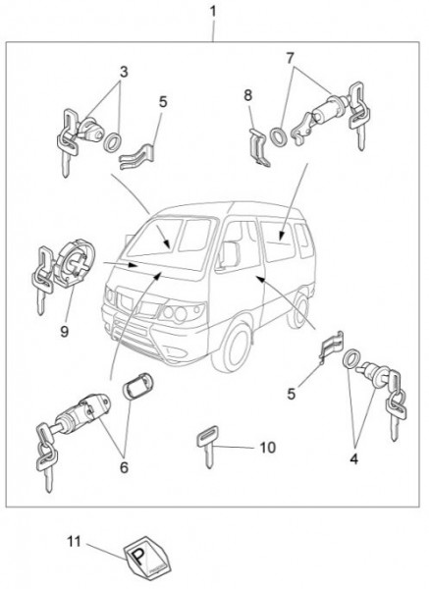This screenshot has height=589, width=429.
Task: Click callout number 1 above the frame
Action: point(213,11)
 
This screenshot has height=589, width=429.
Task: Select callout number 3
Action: point(124,72)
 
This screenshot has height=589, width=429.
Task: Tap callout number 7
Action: point(291,58)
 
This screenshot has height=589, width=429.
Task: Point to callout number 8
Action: point(248,95)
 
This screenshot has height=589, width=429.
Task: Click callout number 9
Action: point(65,332)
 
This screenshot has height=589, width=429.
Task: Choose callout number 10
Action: point(268,448)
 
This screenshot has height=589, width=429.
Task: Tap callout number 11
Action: point(74,542)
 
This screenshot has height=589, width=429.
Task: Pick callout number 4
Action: point(353,458)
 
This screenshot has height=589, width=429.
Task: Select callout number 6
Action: point(124,467)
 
